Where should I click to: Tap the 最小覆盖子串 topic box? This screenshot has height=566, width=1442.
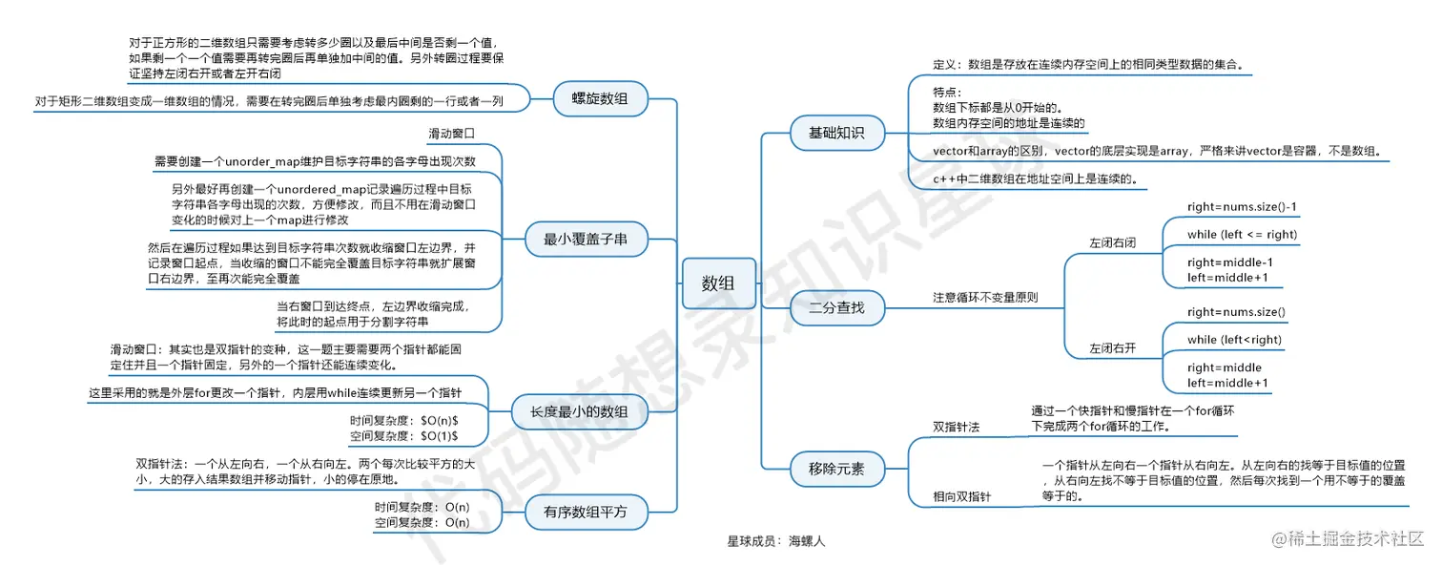(586, 240)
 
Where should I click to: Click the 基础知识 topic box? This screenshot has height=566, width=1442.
(837, 134)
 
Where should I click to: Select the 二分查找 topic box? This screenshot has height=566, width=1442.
(837, 307)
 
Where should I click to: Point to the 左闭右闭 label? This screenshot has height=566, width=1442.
(1113, 243)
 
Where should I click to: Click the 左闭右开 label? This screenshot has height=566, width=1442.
(1113, 348)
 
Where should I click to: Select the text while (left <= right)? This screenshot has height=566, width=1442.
(1242, 234)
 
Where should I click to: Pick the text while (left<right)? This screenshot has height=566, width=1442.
(1234, 339)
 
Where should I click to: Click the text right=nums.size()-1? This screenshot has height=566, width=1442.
(1242, 206)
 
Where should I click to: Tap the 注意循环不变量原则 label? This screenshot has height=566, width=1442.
(984, 297)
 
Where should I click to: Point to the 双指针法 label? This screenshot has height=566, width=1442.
(957, 426)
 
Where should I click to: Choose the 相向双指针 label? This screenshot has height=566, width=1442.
(962, 496)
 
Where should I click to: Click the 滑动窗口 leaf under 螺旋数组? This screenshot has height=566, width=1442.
(451, 133)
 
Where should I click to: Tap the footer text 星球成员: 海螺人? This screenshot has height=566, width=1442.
(775, 541)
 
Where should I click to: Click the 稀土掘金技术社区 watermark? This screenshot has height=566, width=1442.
(1354, 539)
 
